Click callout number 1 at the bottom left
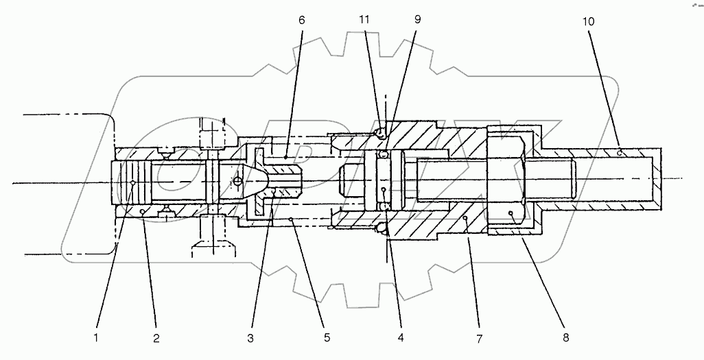[96, 337]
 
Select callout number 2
[156, 337]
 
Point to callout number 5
[327, 337]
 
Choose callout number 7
[480, 337]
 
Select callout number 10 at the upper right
[589, 22]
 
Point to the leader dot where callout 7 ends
[465, 218]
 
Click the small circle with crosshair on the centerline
[237, 181]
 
